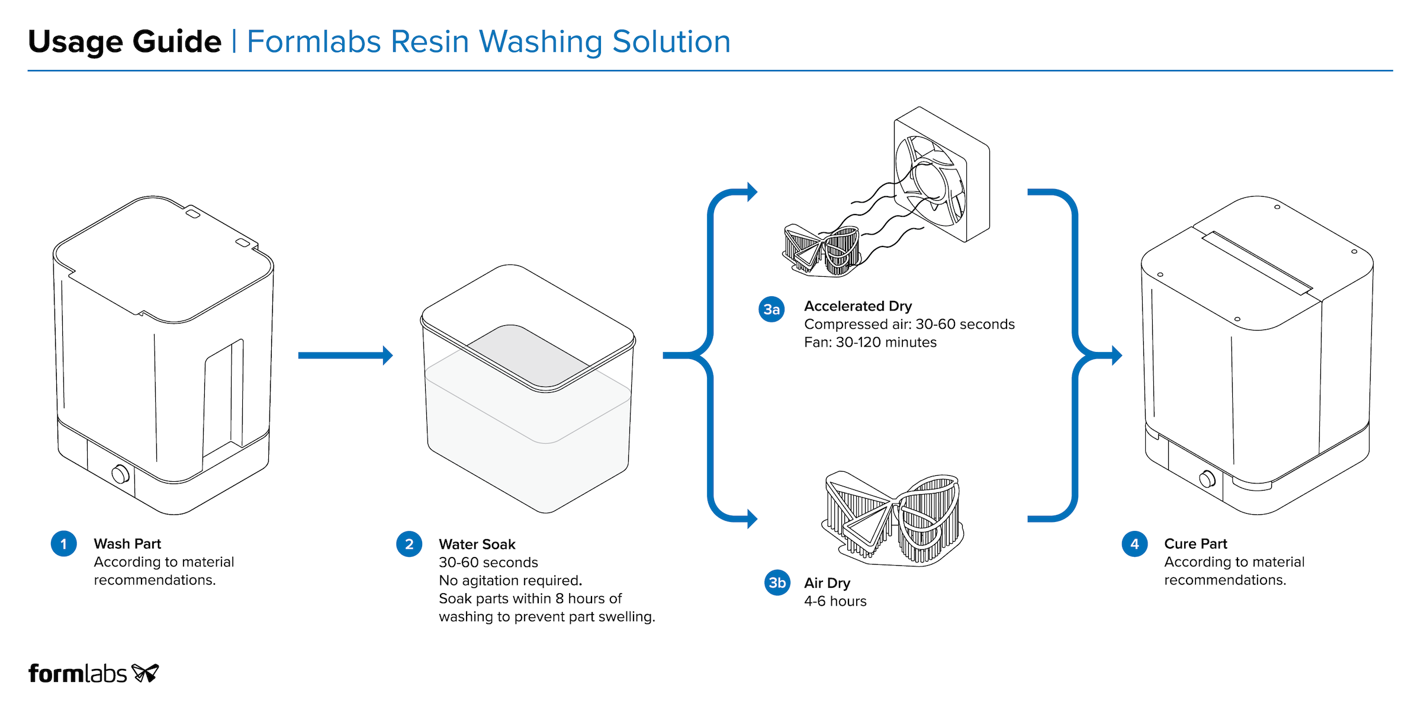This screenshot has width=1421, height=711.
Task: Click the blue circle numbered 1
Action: click(x=64, y=544)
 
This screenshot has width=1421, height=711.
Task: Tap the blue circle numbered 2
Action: click(x=409, y=544)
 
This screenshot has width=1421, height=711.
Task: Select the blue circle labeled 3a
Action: click(x=771, y=309)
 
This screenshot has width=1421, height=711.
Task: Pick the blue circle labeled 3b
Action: click(x=777, y=583)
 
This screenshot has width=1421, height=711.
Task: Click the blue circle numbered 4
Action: click(x=1134, y=544)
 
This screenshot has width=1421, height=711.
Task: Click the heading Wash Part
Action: click(x=127, y=544)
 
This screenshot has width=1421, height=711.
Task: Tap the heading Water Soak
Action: click(x=477, y=545)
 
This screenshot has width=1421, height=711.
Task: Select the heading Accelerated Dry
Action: click(x=858, y=306)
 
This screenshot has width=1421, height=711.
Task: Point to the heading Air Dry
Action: click(x=827, y=583)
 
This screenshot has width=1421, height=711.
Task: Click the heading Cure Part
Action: click(x=1195, y=544)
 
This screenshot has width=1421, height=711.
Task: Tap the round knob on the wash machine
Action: click(x=120, y=474)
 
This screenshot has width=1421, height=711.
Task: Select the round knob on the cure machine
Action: click(x=1207, y=479)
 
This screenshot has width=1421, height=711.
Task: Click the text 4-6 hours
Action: click(x=835, y=601)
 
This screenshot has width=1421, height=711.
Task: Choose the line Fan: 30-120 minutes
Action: click(x=870, y=342)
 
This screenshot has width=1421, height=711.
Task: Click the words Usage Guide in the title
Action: click(x=125, y=41)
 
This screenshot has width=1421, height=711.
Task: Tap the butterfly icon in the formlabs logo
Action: click(x=145, y=673)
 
